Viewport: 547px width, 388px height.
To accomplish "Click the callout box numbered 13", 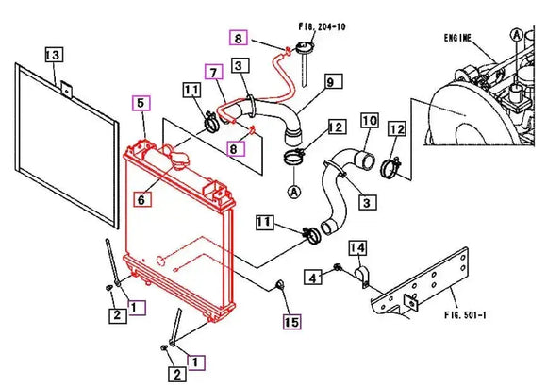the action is pyautogui.click(x=54, y=55).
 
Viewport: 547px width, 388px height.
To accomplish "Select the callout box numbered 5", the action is pyautogui.click(x=141, y=103).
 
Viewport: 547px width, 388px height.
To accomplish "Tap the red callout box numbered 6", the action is pyautogui.click(x=142, y=199).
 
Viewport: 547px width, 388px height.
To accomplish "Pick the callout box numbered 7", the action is pyautogui.click(x=213, y=73).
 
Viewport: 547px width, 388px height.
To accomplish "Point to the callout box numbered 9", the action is pyautogui.click(x=333, y=81).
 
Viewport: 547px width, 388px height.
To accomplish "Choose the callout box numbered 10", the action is pyautogui.click(x=369, y=121).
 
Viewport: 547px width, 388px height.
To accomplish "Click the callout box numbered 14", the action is pyautogui.click(x=357, y=247).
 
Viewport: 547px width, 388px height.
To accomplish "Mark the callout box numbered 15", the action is pyautogui.click(x=291, y=321).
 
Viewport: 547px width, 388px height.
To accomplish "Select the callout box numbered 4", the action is pyautogui.click(x=312, y=277).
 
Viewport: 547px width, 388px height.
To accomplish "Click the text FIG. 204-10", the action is pyautogui.click(x=322, y=26).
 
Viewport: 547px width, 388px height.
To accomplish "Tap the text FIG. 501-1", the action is pyautogui.click(x=465, y=314).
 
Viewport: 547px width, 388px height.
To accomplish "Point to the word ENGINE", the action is pyautogui.click(x=457, y=38).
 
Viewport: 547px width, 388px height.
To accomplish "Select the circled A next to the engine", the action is pyautogui.click(x=516, y=35).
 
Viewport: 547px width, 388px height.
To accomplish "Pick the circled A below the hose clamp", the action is pyautogui.click(x=294, y=192).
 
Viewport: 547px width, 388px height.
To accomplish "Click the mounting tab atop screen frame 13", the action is pyautogui.click(x=66, y=89).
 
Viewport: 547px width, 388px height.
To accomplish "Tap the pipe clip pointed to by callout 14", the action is pyautogui.click(x=361, y=276).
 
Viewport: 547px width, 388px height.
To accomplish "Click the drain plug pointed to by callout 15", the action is pyautogui.click(x=280, y=284).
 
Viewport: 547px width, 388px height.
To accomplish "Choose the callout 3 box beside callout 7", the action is pyautogui.click(x=240, y=65).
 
